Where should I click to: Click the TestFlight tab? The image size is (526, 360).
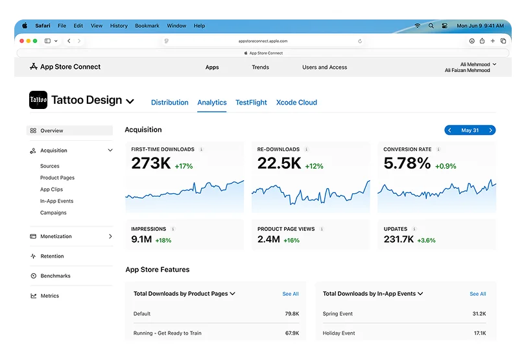click(251, 102)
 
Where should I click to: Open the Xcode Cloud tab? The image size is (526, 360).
click(296, 102)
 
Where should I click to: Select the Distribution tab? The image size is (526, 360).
click(169, 102)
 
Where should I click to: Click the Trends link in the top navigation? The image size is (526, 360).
click(260, 67)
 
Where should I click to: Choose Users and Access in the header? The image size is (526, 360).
click(324, 67)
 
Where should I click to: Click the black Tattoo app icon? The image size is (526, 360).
click(38, 100)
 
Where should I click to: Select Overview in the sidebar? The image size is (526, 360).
click(51, 131)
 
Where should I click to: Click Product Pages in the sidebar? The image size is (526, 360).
click(57, 178)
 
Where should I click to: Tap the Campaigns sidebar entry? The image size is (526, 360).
click(53, 213)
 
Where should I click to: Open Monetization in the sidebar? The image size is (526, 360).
click(56, 237)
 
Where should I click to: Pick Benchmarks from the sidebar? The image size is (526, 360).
click(55, 276)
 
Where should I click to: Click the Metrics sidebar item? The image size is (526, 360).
click(49, 296)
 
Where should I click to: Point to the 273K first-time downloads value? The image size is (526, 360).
click(150, 164)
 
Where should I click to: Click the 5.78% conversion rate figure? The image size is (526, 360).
click(407, 164)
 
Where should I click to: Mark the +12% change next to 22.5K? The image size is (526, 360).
click(314, 167)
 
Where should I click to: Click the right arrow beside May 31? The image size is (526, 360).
click(490, 130)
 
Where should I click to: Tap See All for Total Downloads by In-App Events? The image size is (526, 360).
click(477, 294)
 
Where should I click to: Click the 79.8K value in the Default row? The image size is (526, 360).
click(291, 314)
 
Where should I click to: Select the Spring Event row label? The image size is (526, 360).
click(338, 314)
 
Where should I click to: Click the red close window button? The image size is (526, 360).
click(21, 41)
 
